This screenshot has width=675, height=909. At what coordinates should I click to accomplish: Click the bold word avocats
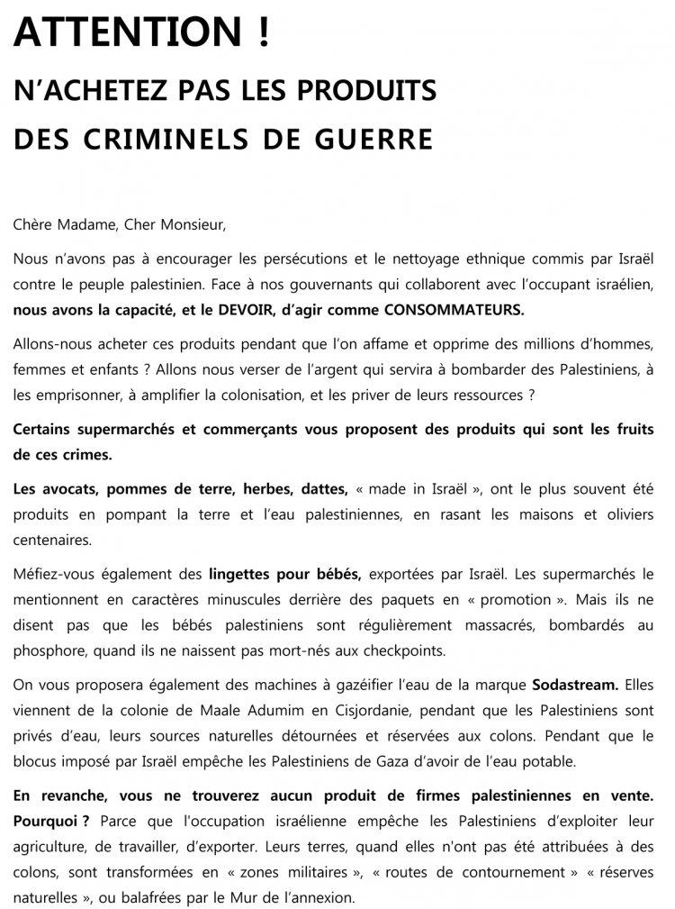67,489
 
